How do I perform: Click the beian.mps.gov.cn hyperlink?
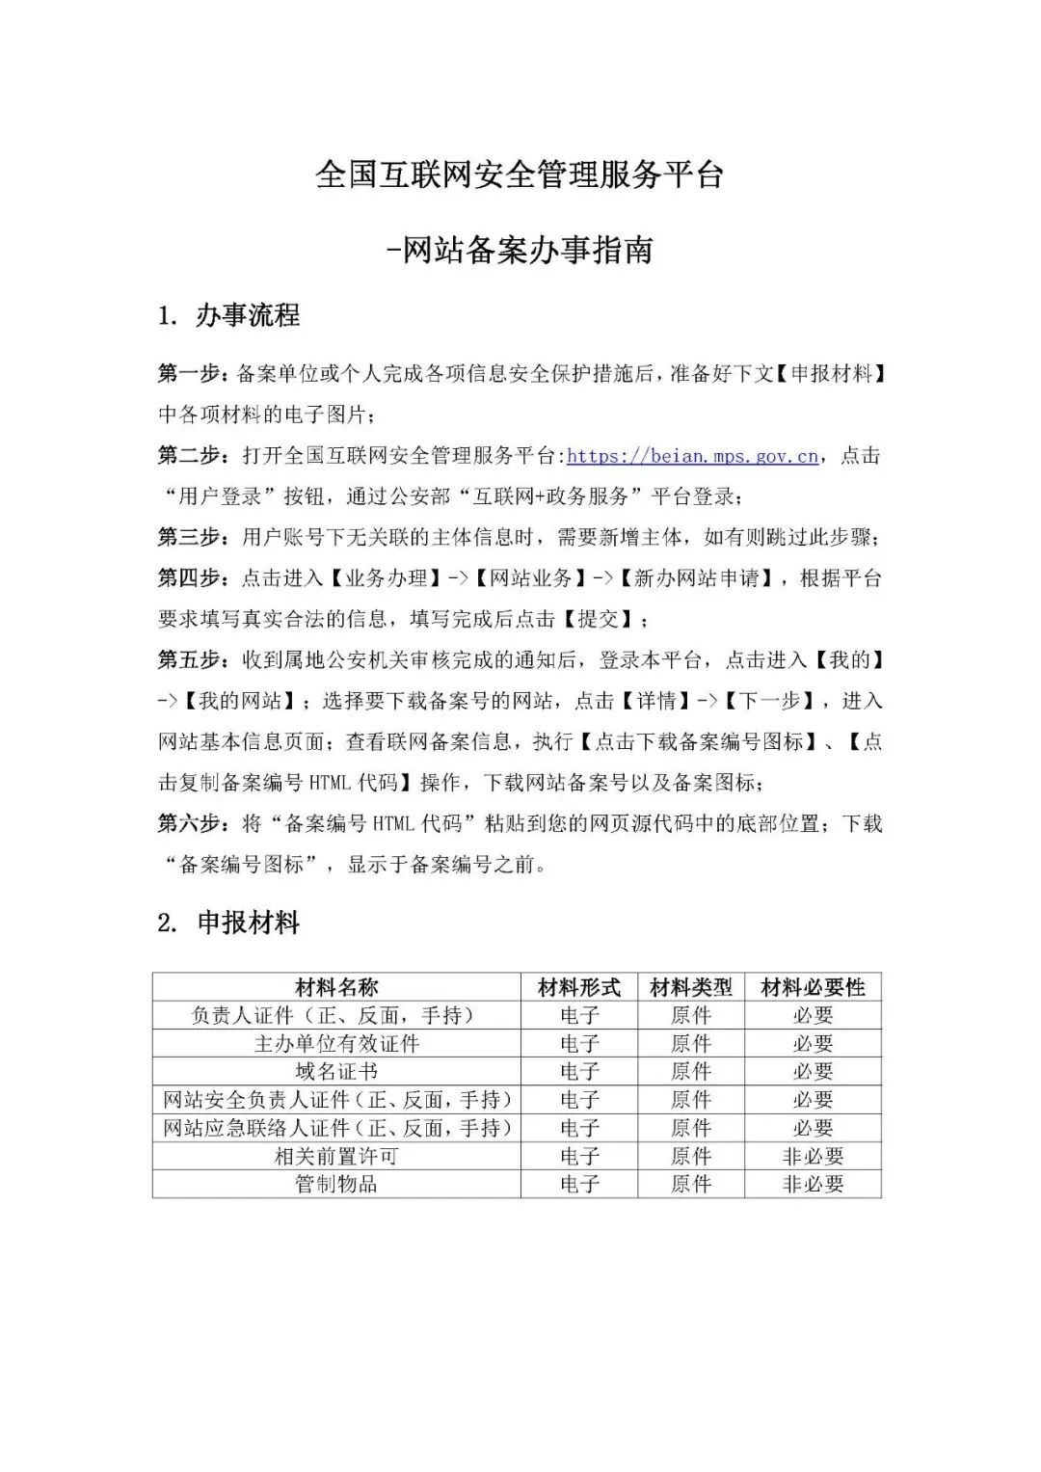coord(693,456)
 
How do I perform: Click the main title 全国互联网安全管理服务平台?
coord(520,175)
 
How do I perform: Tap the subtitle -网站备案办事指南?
coord(520,251)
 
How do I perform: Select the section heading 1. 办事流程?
coord(228,315)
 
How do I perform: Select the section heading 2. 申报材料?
coord(228,923)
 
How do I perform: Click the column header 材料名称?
coord(336,987)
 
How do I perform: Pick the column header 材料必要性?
coord(813,987)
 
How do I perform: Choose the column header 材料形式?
coord(579,987)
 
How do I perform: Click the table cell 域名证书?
coord(336,1071)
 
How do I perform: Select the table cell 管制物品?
coord(336,1184)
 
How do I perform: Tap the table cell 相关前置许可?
coord(336,1156)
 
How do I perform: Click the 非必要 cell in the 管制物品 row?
coord(813,1184)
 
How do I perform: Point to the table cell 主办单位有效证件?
coord(336,1043)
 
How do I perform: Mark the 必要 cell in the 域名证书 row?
coord(813,1071)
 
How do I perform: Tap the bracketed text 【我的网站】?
coord(240,701)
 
